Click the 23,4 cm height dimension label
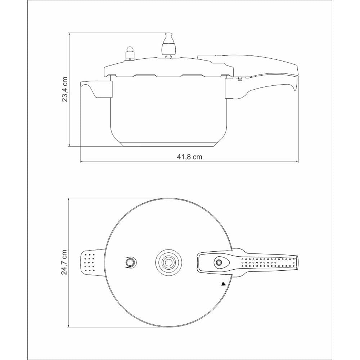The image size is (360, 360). pyautogui.click(x=65, y=90)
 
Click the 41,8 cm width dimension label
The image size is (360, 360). pyautogui.click(x=189, y=157)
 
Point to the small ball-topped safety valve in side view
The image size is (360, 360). pyautogui.click(x=130, y=54)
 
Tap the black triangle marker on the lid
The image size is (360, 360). pyautogui.click(x=224, y=284)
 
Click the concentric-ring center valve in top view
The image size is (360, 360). pyautogui.click(x=168, y=262)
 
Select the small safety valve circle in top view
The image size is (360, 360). pyautogui.click(x=130, y=262)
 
